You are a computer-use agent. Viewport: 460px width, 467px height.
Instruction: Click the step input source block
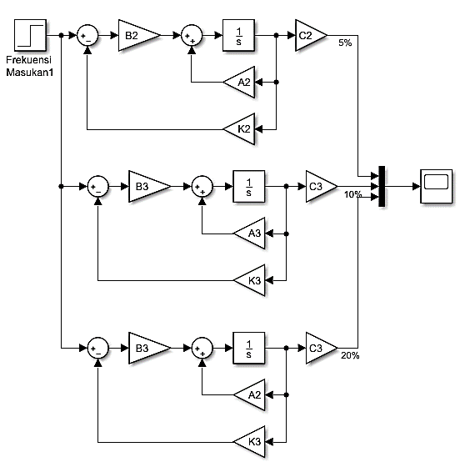click(x=30, y=35)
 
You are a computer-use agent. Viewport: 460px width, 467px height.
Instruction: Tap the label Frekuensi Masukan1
click(x=29, y=66)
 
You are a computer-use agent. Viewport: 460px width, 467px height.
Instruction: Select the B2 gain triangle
click(x=139, y=35)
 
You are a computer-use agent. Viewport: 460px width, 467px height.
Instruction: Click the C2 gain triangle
click(x=311, y=35)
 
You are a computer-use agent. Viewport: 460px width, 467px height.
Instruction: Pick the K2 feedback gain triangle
click(x=239, y=129)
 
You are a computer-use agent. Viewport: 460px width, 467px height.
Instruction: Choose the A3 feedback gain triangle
click(x=249, y=233)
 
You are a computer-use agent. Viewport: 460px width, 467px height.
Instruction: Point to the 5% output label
click(x=345, y=43)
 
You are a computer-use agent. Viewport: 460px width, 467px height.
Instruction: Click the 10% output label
click(x=352, y=194)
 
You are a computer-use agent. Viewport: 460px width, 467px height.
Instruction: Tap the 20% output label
click(x=350, y=355)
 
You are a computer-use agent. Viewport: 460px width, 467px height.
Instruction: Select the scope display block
click(x=436, y=187)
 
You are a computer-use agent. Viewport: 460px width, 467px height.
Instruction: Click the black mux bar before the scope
click(x=382, y=186)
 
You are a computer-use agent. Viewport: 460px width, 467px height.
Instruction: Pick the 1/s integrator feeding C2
click(x=238, y=35)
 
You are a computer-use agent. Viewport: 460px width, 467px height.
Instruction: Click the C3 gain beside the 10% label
click(x=322, y=187)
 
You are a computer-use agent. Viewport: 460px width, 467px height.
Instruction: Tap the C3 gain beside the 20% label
click(x=322, y=348)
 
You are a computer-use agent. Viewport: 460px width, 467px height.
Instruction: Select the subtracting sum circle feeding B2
click(x=87, y=35)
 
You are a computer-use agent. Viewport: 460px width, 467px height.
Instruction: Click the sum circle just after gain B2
click(x=192, y=35)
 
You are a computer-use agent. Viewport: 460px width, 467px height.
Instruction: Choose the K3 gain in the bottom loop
click(x=249, y=442)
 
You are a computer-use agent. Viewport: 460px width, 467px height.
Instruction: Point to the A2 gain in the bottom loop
click(x=249, y=395)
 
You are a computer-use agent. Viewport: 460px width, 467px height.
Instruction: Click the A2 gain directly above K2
click(x=239, y=82)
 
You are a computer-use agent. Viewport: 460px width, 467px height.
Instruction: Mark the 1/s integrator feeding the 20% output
click(x=248, y=348)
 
